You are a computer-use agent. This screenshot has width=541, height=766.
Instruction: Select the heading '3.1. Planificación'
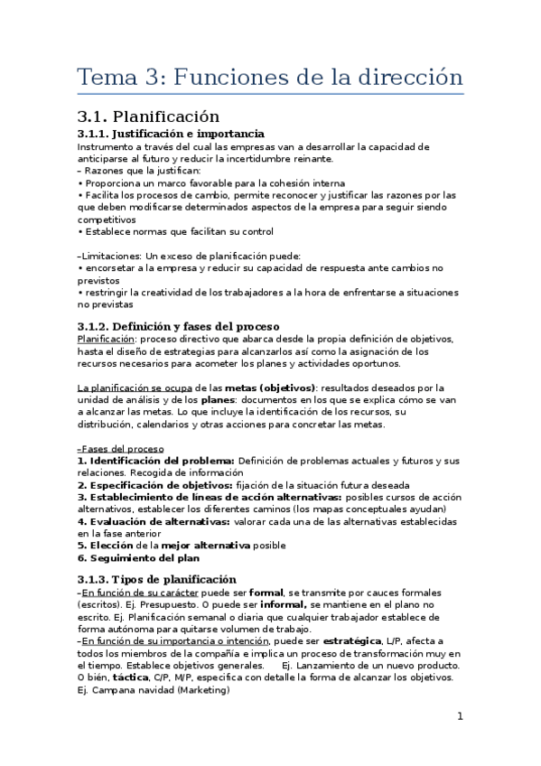[149, 117]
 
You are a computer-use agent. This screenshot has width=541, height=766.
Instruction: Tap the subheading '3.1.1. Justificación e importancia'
[171, 134]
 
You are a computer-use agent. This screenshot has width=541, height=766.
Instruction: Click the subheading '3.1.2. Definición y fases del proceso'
[179, 325]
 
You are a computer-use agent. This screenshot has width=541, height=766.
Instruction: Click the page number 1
[460, 716]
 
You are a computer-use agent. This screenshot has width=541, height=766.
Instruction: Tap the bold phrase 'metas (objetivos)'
[270, 388]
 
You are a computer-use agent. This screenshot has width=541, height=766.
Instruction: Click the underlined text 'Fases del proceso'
[122, 449]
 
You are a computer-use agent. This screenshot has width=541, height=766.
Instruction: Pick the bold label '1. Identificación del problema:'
[156, 461]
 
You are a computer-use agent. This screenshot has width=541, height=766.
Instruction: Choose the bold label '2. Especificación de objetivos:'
[155, 485]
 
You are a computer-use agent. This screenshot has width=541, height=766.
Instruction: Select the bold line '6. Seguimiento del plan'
[138, 557]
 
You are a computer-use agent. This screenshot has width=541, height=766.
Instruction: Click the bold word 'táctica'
[131, 677]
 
